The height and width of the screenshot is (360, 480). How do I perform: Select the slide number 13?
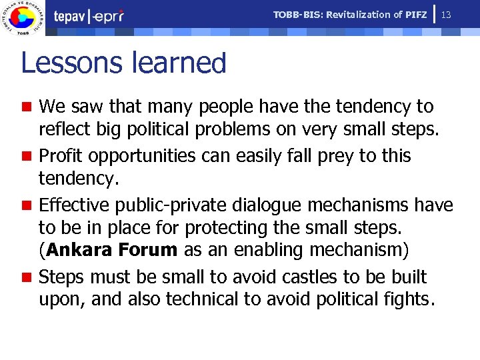pos(447,15)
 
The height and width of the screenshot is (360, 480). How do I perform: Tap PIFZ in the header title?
pos(415,15)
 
